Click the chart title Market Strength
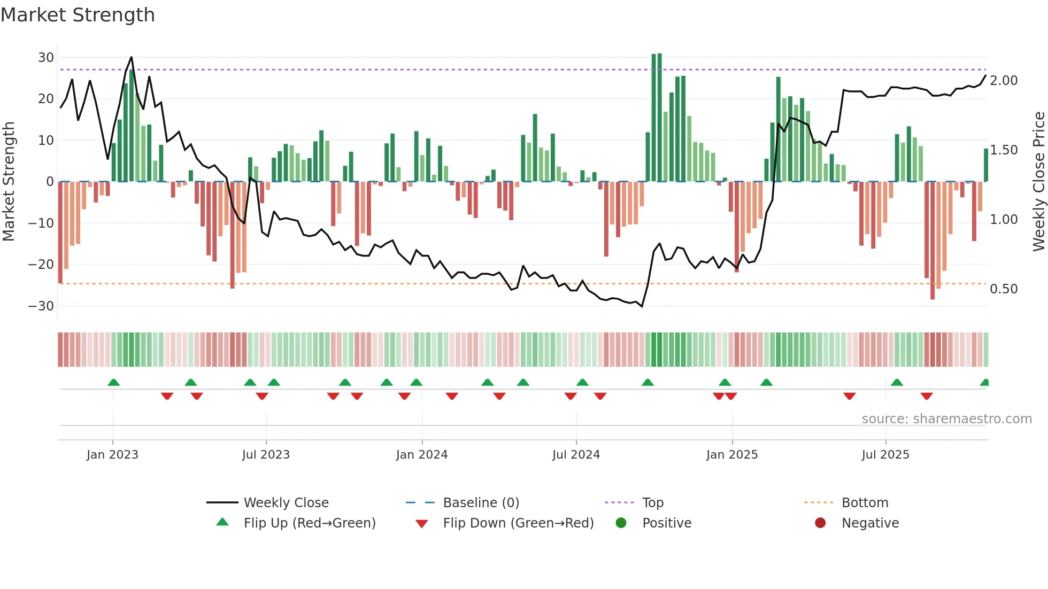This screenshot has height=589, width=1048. tap(78, 14)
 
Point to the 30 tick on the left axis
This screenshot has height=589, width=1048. tap(46, 57)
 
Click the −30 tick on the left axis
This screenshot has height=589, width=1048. tap(41, 306)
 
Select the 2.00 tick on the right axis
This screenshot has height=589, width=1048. tap(1004, 80)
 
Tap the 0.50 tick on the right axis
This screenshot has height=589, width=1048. tap(1004, 289)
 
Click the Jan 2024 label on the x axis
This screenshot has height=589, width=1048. tap(422, 454)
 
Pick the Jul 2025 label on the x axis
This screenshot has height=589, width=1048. tap(885, 454)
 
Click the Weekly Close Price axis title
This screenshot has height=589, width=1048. tap(1038, 181)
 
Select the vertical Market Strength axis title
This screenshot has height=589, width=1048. tap(9, 181)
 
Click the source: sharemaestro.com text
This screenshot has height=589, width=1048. tap(946, 418)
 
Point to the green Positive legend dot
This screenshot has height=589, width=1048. tap(621, 523)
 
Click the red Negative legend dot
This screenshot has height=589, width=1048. tap(820, 523)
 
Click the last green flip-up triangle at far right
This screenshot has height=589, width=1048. tap(985, 383)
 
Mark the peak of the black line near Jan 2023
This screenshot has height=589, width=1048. tap(131, 57)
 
